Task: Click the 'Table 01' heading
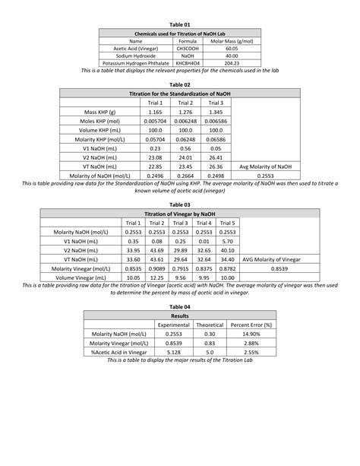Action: tap(180, 24)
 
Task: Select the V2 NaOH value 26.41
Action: tap(216, 157)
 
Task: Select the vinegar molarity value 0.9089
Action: tap(158, 268)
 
